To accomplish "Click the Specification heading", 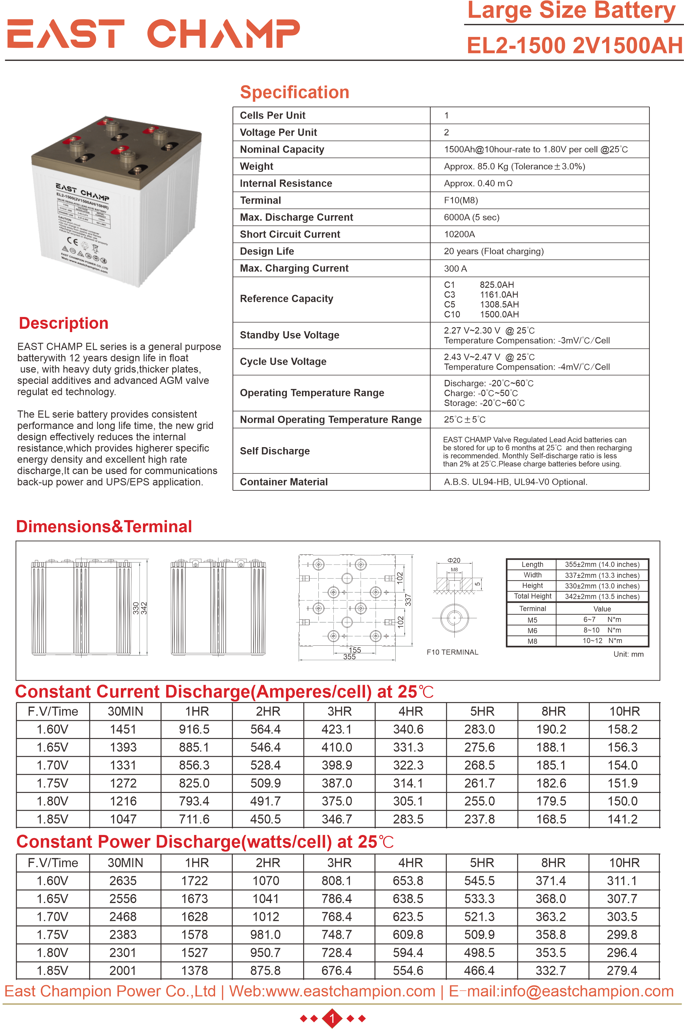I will tap(294, 92).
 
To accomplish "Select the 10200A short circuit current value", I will tap(459, 235).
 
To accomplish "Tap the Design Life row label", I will tap(267, 252).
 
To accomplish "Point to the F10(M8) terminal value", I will tap(461, 200).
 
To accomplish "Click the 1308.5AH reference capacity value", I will tap(499, 305).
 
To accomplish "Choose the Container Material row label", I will tap(284, 482).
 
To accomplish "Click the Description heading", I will tap(64, 323).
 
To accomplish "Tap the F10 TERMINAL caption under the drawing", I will tap(452, 652).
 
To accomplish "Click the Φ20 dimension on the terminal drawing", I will tap(454, 560).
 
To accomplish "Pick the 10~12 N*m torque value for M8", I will tap(602, 641).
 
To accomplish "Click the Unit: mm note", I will tap(628, 654).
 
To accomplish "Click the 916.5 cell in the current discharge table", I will tap(194, 729).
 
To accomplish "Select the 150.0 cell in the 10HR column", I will tap(623, 801).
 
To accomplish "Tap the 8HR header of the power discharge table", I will tap(553, 863).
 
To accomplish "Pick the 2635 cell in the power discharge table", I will tap(123, 881).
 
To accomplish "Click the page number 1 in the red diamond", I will tap(332, 1018).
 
